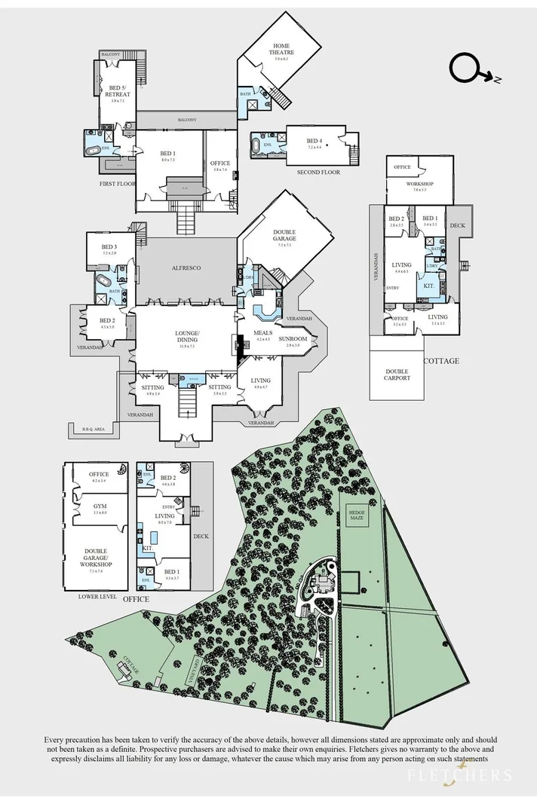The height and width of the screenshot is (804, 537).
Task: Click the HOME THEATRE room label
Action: [x=282, y=48]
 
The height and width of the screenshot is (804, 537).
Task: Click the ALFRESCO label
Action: [x=185, y=267]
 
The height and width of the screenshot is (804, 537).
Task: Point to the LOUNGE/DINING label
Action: [x=187, y=336]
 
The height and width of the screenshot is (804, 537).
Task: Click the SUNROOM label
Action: [x=293, y=339]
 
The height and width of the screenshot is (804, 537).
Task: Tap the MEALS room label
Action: [x=262, y=333]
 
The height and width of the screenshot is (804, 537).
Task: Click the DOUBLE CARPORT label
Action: [x=397, y=374]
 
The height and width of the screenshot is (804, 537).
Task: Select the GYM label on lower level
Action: [x=100, y=506]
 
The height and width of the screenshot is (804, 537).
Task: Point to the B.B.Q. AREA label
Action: [x=97, y=430]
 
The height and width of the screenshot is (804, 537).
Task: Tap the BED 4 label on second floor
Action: [x=314, y=142]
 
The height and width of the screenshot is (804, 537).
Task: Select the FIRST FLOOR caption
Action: [x=116, y=183]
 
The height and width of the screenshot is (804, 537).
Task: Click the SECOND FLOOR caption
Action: [x=320, y=173]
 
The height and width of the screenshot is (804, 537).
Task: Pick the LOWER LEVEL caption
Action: [x=97, y=595]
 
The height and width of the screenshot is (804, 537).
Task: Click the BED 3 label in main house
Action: [x=109, y=247]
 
